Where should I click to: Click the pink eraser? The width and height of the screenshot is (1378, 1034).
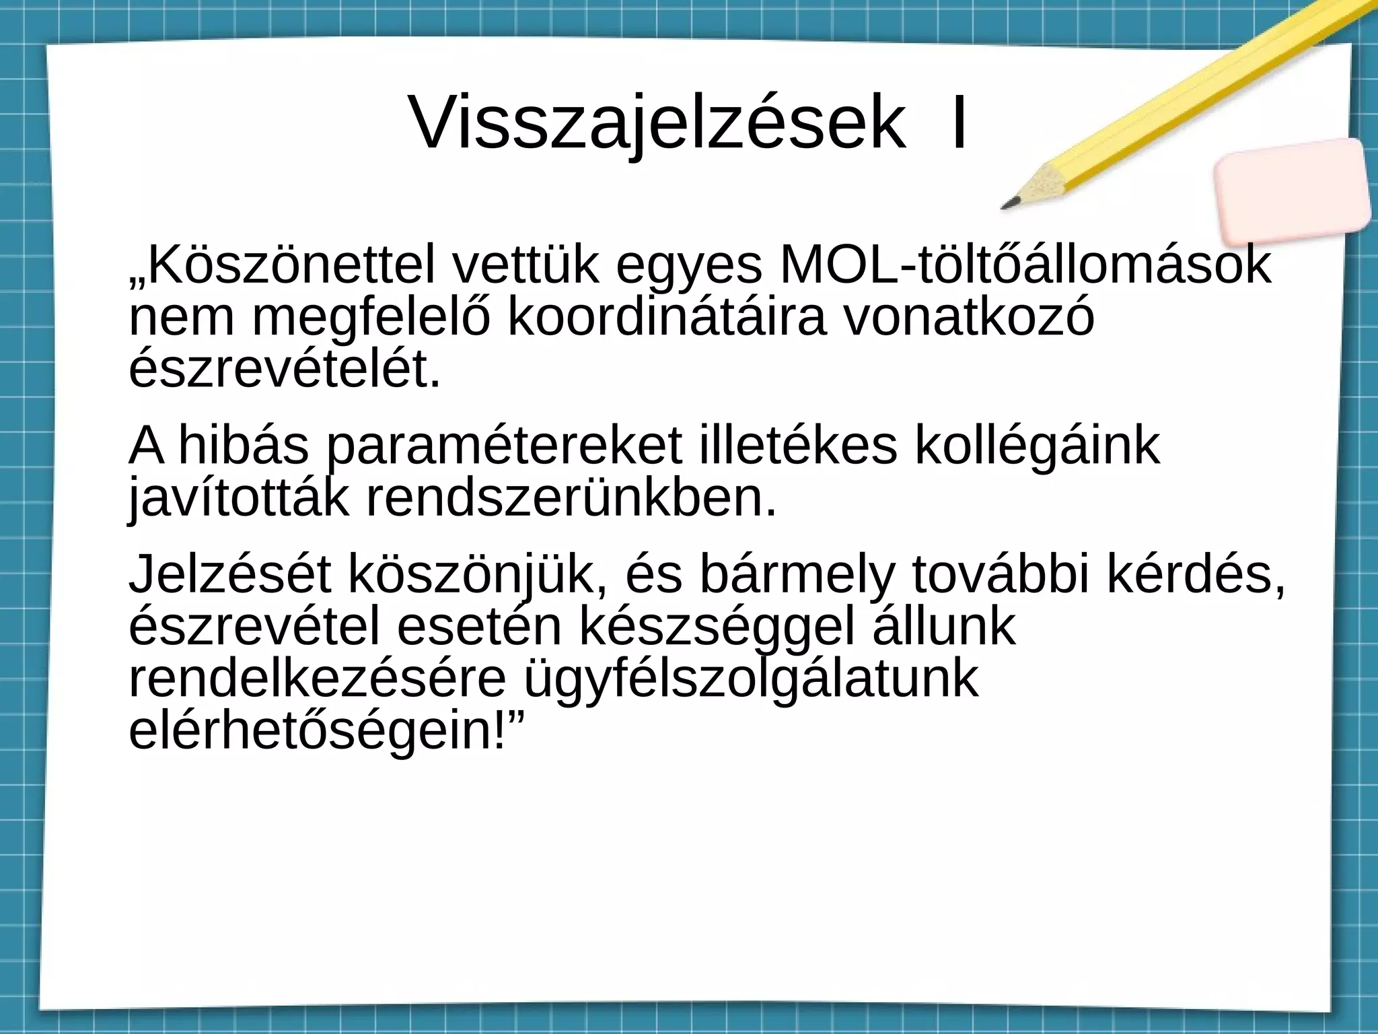[x=1293, y=191]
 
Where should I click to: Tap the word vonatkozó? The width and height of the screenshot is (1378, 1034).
[x=970, y=318]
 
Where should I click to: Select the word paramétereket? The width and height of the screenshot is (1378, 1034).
[x=504, y=447]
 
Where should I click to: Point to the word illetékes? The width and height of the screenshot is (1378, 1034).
[x=798, y=447]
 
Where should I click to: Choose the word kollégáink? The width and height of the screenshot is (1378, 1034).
[x=1037, y=447]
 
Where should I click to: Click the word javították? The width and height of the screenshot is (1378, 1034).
[x=239, y=498]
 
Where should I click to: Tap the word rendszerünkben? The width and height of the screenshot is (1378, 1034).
[x=571, y=498]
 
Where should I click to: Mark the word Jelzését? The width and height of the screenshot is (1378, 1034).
[x=230, y=576]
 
